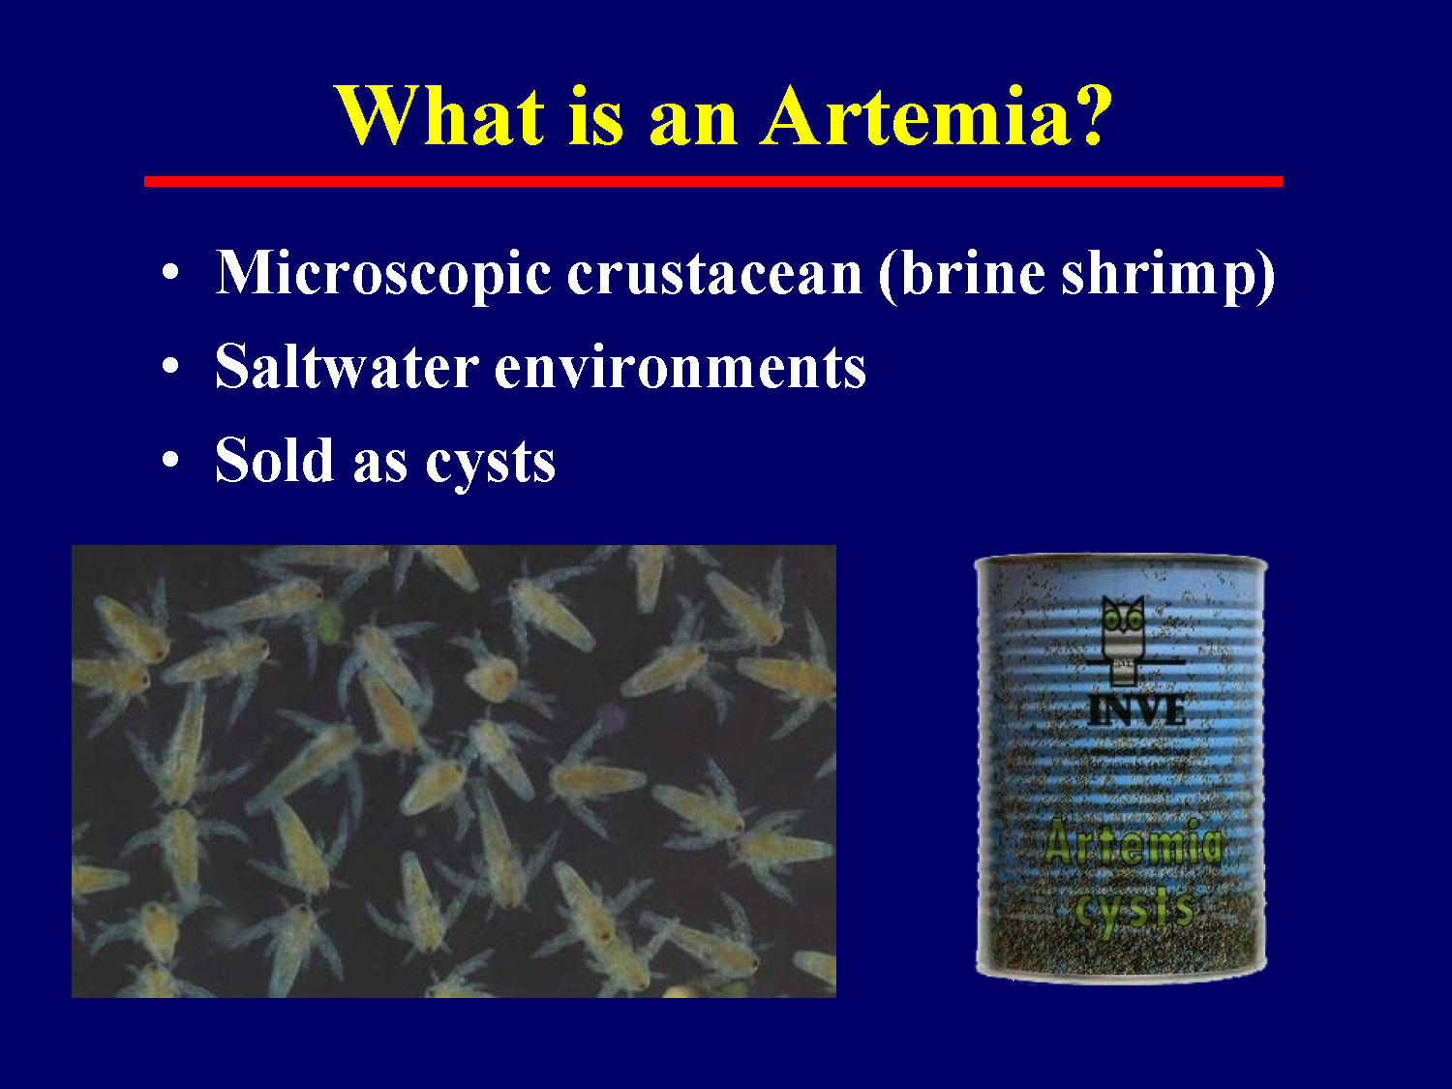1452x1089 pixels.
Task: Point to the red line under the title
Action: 712,181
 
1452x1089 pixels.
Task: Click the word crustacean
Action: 714,274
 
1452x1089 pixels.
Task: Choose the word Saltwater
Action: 347,367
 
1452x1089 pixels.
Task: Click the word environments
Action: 680,369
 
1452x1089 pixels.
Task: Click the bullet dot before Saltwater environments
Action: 170,367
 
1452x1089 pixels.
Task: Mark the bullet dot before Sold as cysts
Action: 170,460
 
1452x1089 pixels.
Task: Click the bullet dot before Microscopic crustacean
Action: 170,273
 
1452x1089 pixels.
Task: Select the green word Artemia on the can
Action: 1133,844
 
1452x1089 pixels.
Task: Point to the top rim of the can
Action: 1120,560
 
